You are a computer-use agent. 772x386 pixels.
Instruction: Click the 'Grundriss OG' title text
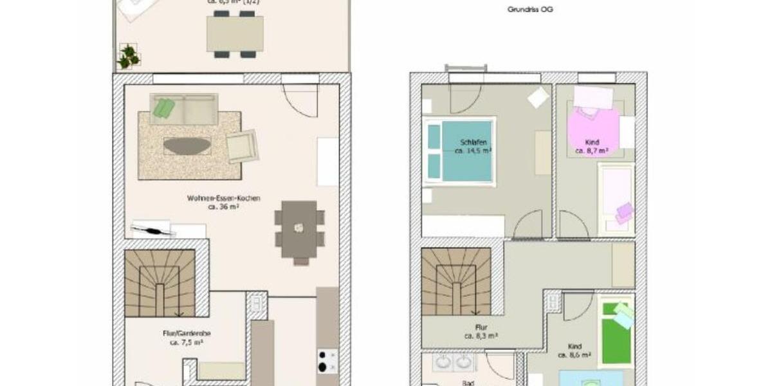(x=530, y=10)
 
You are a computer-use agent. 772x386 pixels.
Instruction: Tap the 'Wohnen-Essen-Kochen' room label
(x=224, y=198)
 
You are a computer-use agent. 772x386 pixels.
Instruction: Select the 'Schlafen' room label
(x=473, y=142)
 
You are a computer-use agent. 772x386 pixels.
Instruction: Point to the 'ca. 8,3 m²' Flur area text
(x=481, y=336)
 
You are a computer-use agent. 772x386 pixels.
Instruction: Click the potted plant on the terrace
(x=129, y=56)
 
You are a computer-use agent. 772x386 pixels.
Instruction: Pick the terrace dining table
(x=235, y=33)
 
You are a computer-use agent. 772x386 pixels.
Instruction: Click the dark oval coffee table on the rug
(x=187, y=146)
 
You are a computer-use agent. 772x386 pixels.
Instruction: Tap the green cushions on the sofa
(x=163, y=107)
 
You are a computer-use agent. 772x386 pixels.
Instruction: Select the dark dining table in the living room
(x=299, y=228)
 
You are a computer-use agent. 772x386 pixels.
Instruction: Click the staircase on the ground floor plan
(x=160, y=282)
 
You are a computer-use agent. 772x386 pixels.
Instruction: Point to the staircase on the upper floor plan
(x=456, y=281)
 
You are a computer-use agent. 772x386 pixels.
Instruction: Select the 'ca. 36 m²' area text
(x=224, y=207)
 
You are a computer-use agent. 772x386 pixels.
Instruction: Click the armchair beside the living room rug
(x=242, y=146)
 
